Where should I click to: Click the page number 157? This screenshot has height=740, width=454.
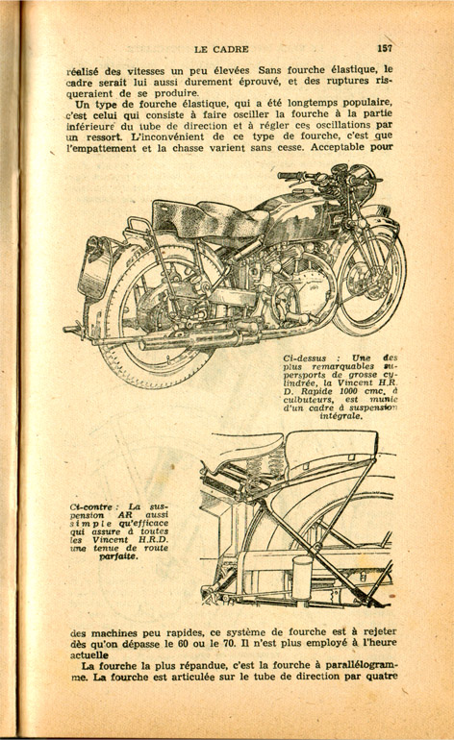click(x=385, y=48)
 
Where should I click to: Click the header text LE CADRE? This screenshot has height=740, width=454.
click(x=221, y=49)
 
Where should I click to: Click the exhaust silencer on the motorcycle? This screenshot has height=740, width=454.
click(x=189, y=339)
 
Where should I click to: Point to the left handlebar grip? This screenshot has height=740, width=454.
click(x=288, y=176)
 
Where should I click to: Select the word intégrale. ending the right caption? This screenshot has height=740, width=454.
click(x=340, y=417)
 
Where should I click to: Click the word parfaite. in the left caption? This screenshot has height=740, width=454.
click(x=118, y=556)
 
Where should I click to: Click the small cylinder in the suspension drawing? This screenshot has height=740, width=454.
click(x=302, y=576)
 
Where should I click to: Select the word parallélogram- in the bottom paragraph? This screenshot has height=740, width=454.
click(x=363, y=665)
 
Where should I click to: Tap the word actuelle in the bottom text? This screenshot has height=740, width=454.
click(x=89, y=655)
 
